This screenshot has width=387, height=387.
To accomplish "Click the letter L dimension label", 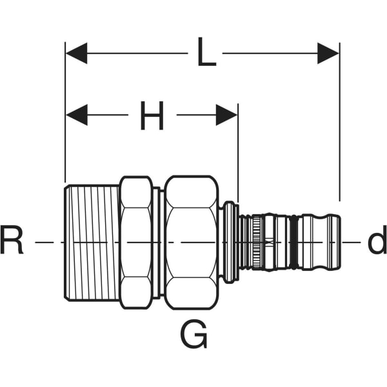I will click(206, 54).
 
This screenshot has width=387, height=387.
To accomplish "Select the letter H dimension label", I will click(152, 116).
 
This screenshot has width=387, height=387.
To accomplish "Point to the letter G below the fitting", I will click(193, 336).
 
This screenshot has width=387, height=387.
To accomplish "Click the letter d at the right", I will click(376, 242).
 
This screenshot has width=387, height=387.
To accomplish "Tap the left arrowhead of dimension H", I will click(76, 116).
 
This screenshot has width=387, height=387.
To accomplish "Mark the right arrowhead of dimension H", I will click(227, 116).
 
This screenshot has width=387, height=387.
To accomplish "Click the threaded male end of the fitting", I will click(92, 242).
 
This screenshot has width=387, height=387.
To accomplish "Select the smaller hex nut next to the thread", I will click(136, 242).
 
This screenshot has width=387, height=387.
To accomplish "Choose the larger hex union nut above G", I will click(192, 242).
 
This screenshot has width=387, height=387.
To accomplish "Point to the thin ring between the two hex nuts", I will click(157, 242).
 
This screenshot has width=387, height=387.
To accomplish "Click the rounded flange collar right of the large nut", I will click(229, 242).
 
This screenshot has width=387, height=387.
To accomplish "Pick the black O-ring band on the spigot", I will click(295, 242).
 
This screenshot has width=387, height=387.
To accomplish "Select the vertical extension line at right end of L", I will click(339, 129).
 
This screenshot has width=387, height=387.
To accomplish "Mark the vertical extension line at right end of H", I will click(238, 155).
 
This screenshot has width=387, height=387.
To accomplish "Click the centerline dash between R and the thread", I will click(48, 242).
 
